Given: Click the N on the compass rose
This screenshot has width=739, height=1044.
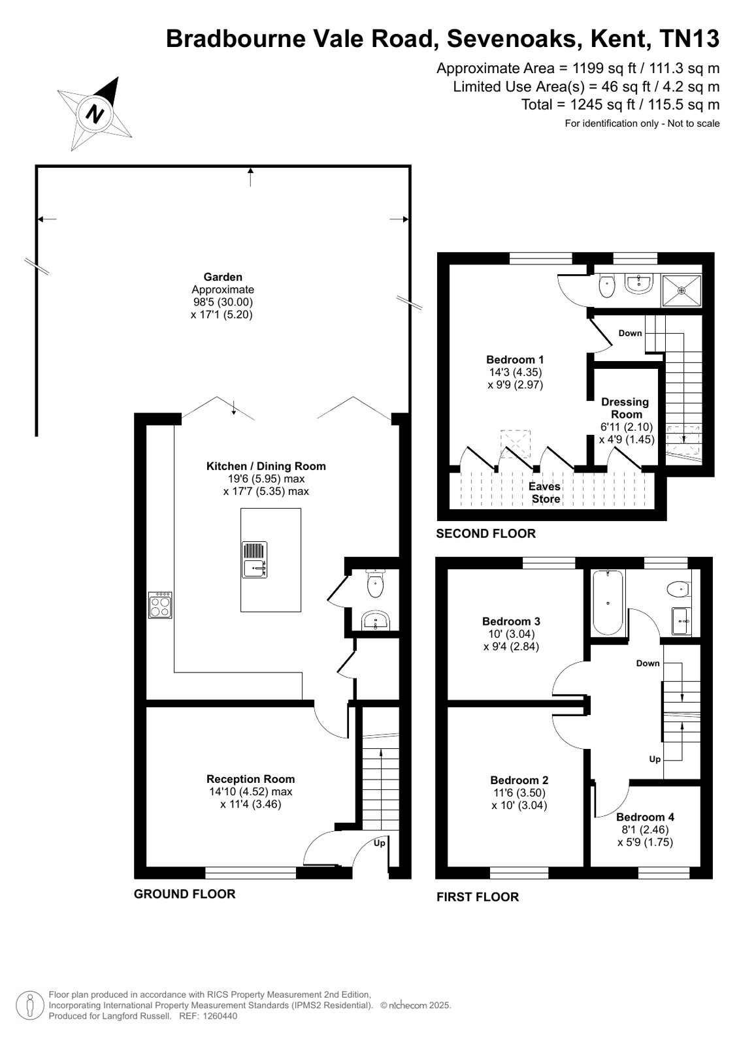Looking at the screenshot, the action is coord(95,114).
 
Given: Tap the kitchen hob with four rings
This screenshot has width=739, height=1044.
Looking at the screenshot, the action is coord(160,605).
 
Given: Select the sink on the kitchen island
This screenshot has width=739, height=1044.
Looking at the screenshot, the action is coord(254,560).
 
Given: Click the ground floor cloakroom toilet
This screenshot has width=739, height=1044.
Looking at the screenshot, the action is coord(375,583).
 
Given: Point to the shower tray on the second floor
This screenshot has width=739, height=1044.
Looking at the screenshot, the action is coord(682,291).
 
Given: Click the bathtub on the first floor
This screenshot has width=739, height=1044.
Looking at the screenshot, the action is coord(608,603).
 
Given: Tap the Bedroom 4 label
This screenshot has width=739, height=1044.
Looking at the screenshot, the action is coord(645,817).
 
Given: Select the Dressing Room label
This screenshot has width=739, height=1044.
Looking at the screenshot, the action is coord(626,408).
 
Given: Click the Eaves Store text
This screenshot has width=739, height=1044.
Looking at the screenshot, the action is coord(545,492).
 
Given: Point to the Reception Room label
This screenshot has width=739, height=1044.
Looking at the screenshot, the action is coord(250,779).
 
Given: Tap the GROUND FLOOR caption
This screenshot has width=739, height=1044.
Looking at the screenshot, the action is coord(185,894).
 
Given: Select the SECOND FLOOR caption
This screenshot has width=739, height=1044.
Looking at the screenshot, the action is coord(485,533).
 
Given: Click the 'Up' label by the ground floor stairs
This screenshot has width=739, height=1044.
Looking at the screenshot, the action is coord(379,843).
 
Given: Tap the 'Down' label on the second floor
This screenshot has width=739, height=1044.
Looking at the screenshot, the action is coord(630,333).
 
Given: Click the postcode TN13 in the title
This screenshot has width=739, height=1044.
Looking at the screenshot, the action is coord(689,39).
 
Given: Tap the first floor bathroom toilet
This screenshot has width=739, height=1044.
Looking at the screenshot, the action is coord(678,589).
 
